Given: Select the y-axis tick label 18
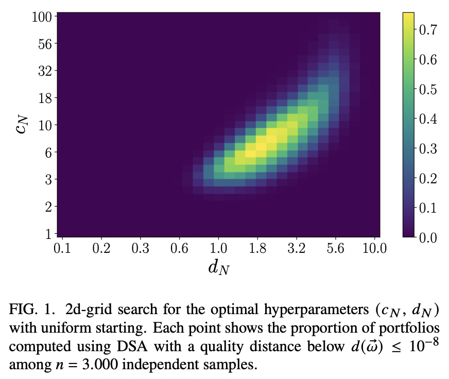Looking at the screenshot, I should [x=44, y=98].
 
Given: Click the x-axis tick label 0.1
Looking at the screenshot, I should [x=62, y=249].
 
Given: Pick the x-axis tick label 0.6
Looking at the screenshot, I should [x=179, y=249].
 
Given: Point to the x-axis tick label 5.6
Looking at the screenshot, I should [x=335, y=249].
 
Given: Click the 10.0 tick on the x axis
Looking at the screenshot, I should [x=374, y=249].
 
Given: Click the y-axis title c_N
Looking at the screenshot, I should [x=21, y=125].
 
